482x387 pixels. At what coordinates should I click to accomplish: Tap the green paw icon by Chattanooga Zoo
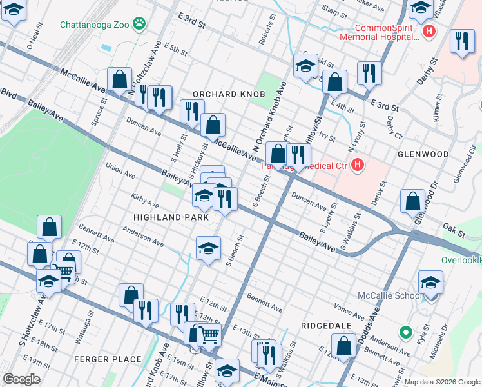point(139,25)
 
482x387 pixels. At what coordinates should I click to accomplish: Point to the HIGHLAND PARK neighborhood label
point(171,217)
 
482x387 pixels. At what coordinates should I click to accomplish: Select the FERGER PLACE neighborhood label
point(108,359)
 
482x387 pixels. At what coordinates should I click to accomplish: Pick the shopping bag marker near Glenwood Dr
point(412,201)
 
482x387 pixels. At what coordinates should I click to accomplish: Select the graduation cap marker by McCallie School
point(430,282)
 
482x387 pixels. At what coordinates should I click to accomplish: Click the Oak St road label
point(453,227)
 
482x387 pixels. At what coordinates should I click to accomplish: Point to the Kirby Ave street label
point(144,204)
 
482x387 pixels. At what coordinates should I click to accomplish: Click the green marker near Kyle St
point(405,333)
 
